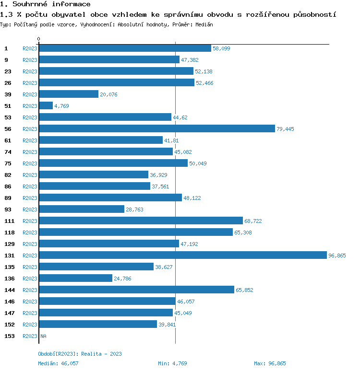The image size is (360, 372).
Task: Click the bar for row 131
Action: point(182,256)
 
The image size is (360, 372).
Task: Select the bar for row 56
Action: point(157,129)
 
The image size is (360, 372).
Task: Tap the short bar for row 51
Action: point(46,106)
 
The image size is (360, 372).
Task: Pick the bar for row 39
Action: point(69,94)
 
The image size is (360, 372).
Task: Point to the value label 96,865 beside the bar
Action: point(337,256)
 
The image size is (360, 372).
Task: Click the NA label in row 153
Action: point(43,336)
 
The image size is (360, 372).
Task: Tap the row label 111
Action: point(9,221)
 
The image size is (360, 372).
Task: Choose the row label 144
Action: point(9,290)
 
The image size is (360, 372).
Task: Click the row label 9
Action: point(6,60)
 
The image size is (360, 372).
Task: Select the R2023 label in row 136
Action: point(30,279)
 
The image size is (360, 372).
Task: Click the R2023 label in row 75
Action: point(30,163)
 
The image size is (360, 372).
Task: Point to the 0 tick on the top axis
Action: point(39,39)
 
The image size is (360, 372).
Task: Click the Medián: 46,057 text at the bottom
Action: point(58,363)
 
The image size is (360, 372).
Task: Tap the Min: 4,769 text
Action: point(174,363)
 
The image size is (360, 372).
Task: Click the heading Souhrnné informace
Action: point(45,4)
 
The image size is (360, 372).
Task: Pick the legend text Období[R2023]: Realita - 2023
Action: point(80,354)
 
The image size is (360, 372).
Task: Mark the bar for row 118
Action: point(136,232)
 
